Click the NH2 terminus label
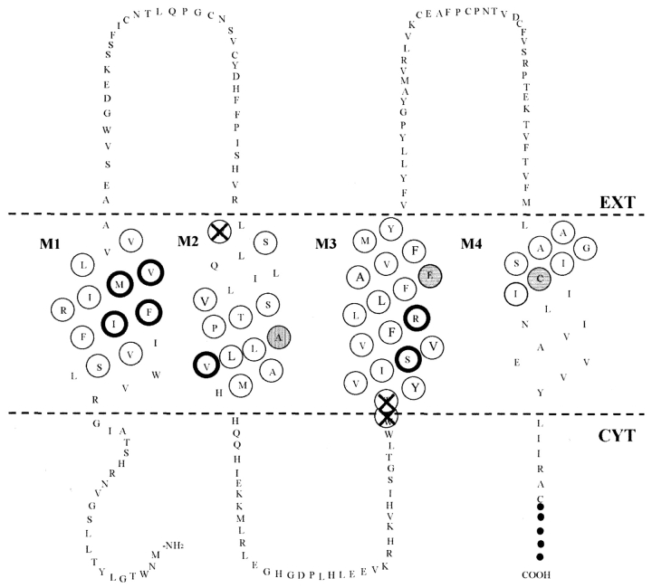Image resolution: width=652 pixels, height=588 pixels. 175,545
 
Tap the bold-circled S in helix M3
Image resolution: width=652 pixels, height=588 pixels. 409,358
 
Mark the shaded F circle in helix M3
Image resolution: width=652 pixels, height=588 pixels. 430,275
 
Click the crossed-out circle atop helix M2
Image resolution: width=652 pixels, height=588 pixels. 218,232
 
